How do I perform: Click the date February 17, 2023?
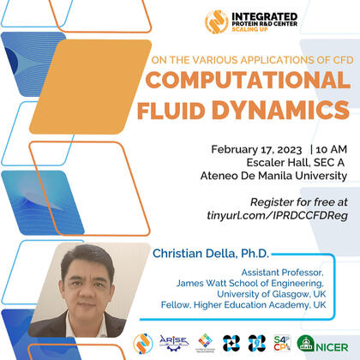(x=246, y=147)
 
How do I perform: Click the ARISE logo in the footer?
(x=174, y=343)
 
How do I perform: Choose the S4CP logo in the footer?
(x=283, y=343)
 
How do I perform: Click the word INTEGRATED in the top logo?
(x=263, y=16)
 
